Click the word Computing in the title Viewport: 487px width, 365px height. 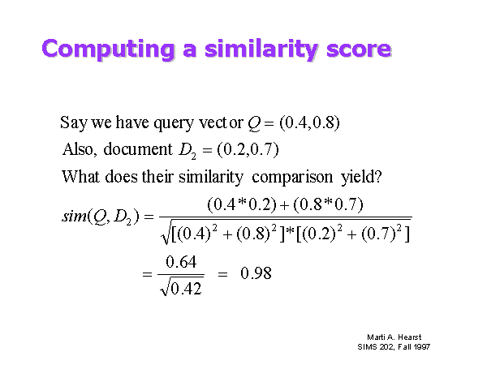pyautogui.click(x=108, y=49)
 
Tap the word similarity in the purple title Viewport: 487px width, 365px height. pyautogui.click(x=261, y=49)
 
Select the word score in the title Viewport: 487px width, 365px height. pyautogui.click(x=359, y=49)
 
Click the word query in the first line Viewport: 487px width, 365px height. pyautogui.click(x=174, y=123)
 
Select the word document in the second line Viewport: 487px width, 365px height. pyautogui.click(x=138, y=149)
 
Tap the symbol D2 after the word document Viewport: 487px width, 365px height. pyautogui.click(x=187, y=151)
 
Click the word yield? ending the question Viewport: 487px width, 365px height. pyautogui.click(x=361, y=178)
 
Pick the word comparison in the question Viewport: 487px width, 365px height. pyautogui.click(x=292, y=178)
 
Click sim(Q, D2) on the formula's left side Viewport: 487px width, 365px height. pyautogui.click(x=101, y=217)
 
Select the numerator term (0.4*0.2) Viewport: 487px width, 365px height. pyautogui.click(x=242, y=205)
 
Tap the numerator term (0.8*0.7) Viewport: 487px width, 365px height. pyautogui.click(x=328, y=205)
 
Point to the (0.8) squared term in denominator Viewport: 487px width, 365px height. pyautogui.click(x=256, y=233)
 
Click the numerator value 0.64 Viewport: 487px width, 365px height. pyautogui.click(x=181, y=262)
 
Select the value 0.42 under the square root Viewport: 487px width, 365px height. pyautogui.click(x=186, y=289)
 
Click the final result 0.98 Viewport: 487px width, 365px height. pyautogui.click(x=256, y=273)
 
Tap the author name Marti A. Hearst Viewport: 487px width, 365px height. pyautogui.click(x=394, y=337)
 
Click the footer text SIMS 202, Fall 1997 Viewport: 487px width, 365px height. pyautogui.click(x=394, y=346)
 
